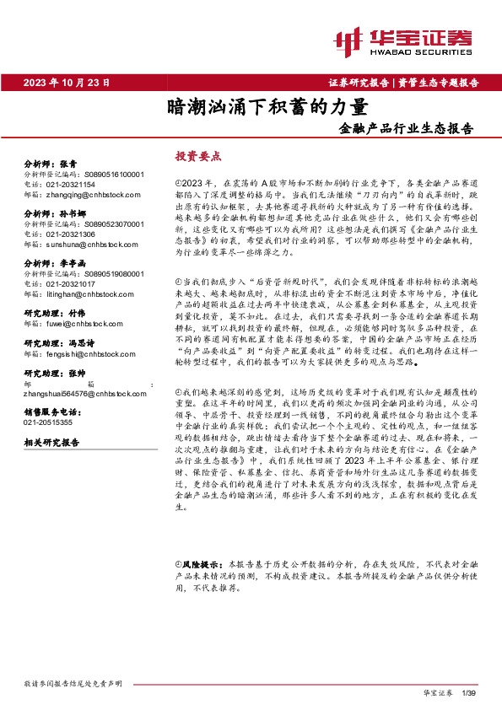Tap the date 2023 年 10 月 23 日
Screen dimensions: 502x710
tap(67, 82)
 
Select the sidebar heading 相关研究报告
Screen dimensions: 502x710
tap(51, 443)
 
